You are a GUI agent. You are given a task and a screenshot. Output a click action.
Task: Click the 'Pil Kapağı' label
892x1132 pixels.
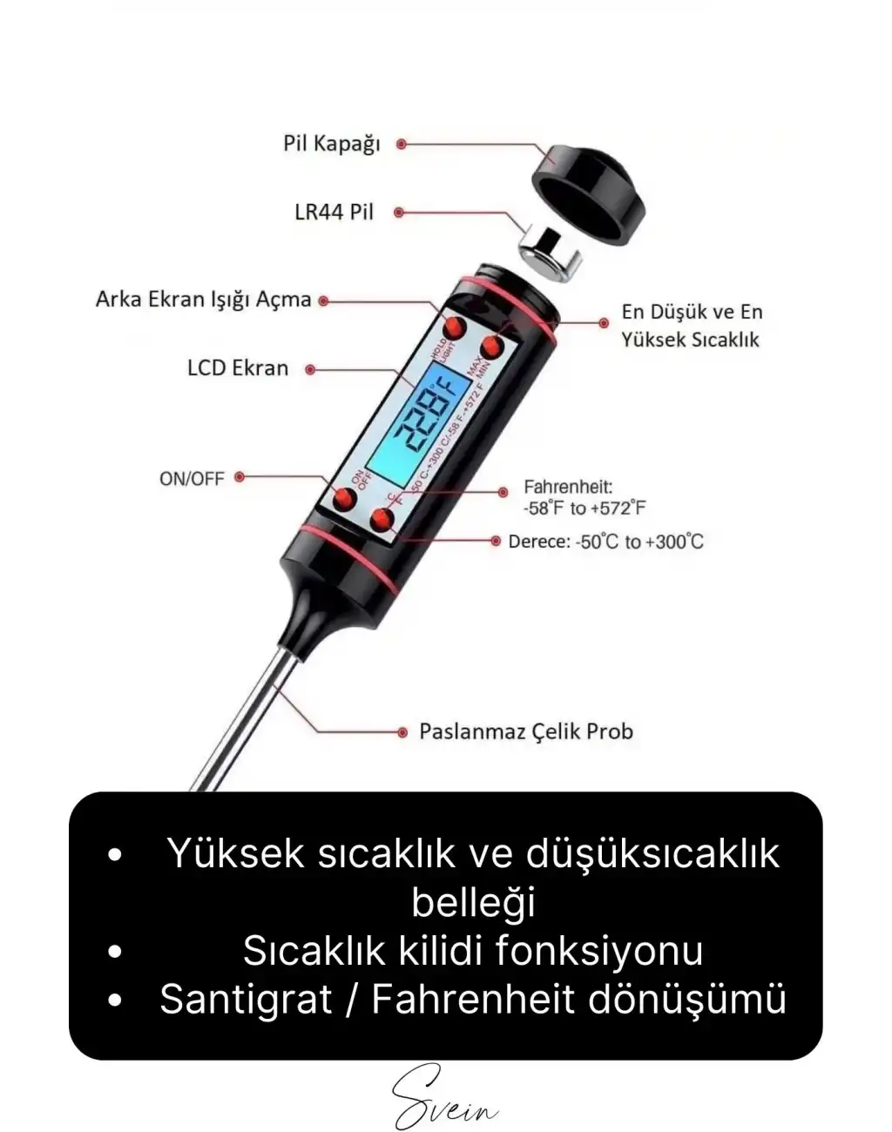[x=332, y=144]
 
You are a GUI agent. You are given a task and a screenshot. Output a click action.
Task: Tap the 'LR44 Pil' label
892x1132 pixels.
[x=334, y=212]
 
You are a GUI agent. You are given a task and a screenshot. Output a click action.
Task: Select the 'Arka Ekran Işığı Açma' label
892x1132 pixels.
[x=203, y=300]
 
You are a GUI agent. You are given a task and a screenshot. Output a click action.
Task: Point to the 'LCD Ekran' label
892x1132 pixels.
[x=238, y=368]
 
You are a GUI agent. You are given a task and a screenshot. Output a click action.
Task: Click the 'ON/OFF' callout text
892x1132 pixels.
[x=192, y=478]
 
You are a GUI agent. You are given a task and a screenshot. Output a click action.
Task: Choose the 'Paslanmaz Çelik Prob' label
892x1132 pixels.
[x=526, y=731]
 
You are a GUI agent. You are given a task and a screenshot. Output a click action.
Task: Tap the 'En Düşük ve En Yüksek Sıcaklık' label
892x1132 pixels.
[x=692, y=326]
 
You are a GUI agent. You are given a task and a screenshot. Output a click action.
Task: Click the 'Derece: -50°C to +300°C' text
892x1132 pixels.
[x=606, y=542]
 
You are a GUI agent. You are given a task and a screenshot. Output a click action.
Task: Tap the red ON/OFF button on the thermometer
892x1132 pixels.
[x=345, y=499]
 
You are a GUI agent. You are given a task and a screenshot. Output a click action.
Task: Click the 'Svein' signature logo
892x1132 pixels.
[x=445, y=1099]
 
